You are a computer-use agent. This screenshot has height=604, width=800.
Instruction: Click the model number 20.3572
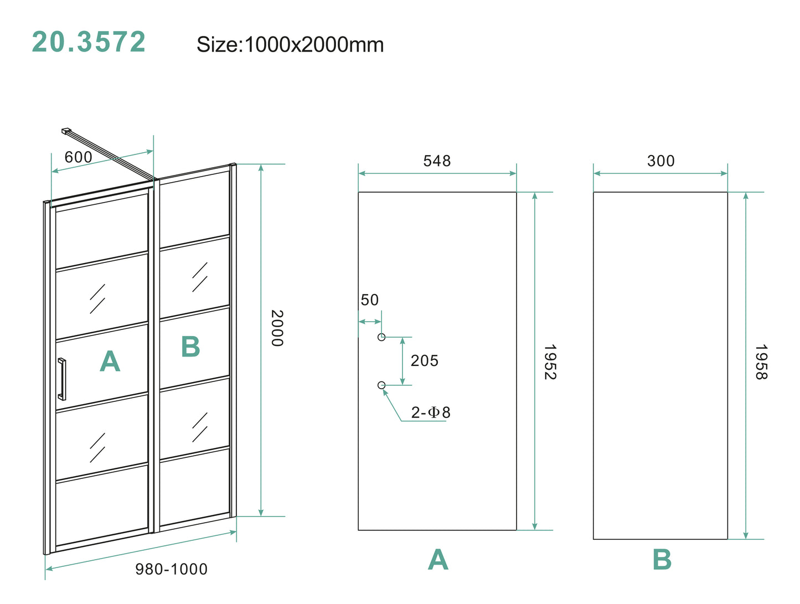pyautogui.click(x=89, y=42)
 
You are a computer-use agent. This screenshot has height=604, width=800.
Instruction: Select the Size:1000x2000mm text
pyautogui.click(x=290, y=45)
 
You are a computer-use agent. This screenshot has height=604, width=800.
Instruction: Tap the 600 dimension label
pyautogui.click(x=78, y=157)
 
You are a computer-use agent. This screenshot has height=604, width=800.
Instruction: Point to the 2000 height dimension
pyautogui.click(x=277, y=328)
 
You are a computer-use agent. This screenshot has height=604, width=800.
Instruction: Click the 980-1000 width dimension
pyautogui.click(x=171, y=569)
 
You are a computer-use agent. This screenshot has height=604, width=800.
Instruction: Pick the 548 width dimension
pyautogui.click(x=437, y=161)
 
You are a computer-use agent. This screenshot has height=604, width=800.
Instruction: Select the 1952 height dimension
pyautogui.click(x=549, y=362)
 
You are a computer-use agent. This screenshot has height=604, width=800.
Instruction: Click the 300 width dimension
pyautogui.click(x=660, y=161)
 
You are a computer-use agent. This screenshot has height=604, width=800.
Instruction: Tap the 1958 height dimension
pyautogui.click(x=761, y=362)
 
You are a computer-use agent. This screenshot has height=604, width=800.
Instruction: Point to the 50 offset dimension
pyautogui.click(x=369, y=300)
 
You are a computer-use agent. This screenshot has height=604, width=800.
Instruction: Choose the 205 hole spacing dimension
pyautogui.click(x=424, y=361)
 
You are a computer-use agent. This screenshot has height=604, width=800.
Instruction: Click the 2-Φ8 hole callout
pyautogui.click(x=430, y=412)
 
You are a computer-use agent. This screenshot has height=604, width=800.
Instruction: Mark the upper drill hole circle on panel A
pyautogui.click(x=381, y=337)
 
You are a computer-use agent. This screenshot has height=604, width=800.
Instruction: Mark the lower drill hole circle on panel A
pyautogui.click(x=381, y=385)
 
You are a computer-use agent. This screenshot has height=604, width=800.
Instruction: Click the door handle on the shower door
pyautogui.click(x=61, y=379)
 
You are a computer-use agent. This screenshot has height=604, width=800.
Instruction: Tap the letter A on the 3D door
pyautogui.click(x=110, y=362)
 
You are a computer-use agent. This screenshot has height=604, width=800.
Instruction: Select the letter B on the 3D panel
pyautogui.click(x=190, y=347)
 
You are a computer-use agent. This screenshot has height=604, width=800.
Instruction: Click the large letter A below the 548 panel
pyautogui.click(x=438, y=560)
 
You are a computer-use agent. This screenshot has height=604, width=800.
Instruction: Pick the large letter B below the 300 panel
pyautogui.click(x=662, y=560)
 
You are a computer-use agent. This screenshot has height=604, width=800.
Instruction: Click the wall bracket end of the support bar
pyautogui.click(x=66, y=132)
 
